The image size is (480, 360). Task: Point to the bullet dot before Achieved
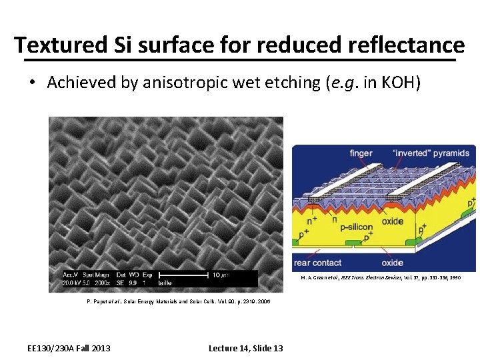coord(32,83)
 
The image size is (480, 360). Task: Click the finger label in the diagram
coord(361,153)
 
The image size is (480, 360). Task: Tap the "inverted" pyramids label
coord(435,153)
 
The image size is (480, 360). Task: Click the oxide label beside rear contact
coord(393,263)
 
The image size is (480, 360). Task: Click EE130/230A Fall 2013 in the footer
coord(69,348)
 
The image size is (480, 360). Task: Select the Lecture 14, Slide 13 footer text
coord(245,348)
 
